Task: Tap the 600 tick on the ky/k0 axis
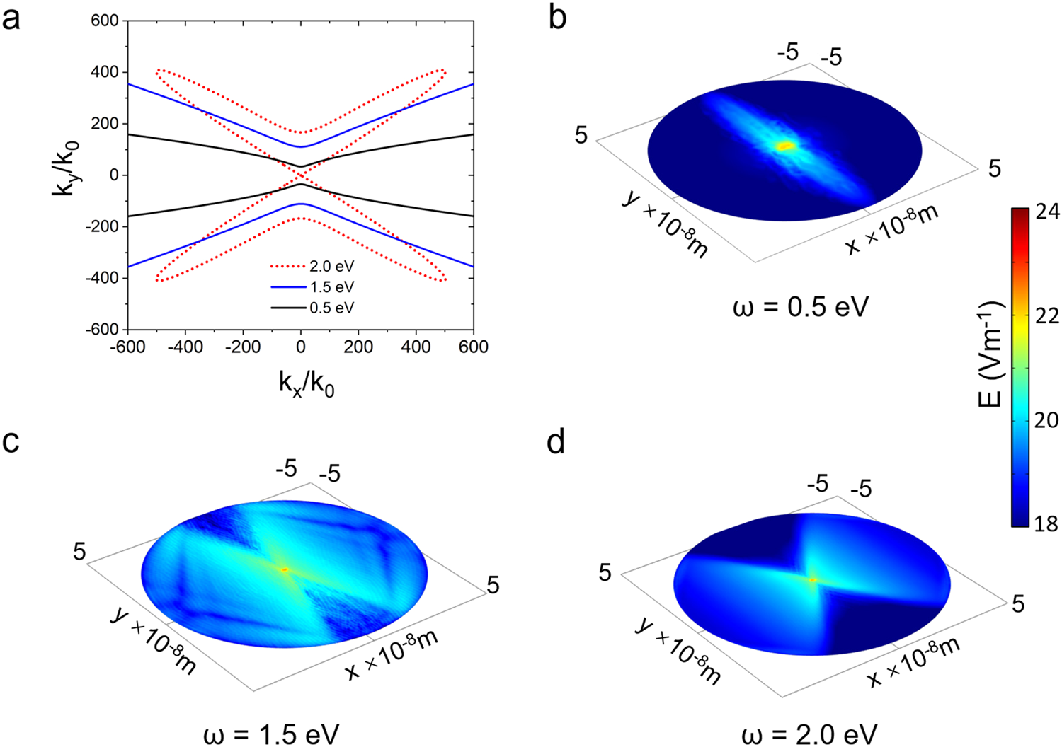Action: [104, 21]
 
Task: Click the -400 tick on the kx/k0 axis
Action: [185, 347]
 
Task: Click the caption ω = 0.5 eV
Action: [800, 307]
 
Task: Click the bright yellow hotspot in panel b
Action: [785, 146]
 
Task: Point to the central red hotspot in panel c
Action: [285, 569]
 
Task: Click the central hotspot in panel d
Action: [813, 579]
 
